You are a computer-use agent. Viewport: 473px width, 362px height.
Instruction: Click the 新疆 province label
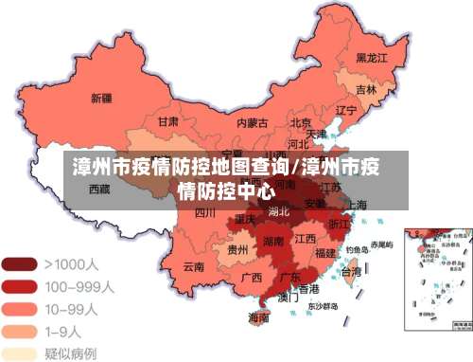[x=101, y=98]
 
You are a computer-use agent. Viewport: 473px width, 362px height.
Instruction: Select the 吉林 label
[x=366, y=90]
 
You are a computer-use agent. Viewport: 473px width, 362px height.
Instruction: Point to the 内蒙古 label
[x=252, y=122]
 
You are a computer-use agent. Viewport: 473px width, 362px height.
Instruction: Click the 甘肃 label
[x=168, y=122]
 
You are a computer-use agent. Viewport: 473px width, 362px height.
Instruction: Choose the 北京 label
[x=302, y=122]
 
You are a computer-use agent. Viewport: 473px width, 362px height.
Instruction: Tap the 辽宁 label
[x=346, y=111]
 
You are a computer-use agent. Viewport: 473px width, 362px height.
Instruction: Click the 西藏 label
[x=99, y=189]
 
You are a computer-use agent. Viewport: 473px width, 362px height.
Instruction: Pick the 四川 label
[x=205, y=213]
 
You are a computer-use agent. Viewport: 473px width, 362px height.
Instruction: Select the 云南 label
[x=194, y=267]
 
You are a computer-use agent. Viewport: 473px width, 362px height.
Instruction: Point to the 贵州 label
[x=238, y=250]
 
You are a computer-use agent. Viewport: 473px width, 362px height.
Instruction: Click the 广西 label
[x=252, y=279]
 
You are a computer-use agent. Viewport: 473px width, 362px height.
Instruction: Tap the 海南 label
[x=258, y=318]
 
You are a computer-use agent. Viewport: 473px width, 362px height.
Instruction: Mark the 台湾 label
[x=350, y=272]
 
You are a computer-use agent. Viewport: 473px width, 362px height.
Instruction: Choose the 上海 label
[x=357, y=205]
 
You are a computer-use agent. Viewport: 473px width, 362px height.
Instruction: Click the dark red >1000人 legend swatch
[x=19, y=264]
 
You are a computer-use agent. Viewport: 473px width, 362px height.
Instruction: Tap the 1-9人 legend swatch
[x=19, y=331]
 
